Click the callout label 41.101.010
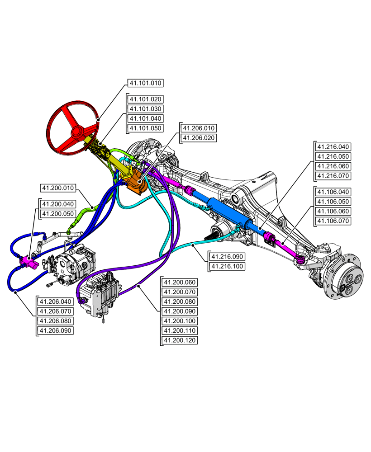(x=145, y=83)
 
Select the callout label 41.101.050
(x=145, y=128)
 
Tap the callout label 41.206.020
(x=199, y=138)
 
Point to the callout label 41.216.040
(x=333, y=147)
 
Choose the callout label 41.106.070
(x=333, y=221)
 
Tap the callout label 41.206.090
(x=55, y=330)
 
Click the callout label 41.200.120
(x=180, y=340)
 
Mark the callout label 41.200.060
(x=180, y=282)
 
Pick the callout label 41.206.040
(x=55, y=301)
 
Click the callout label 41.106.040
(x=333, y=192)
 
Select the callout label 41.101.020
(x=145, y=99)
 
